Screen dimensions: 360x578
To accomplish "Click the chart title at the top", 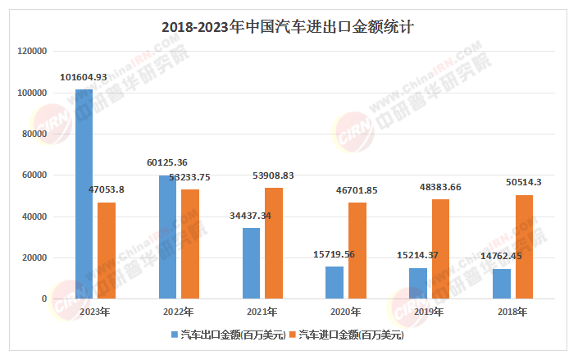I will coord(289,26).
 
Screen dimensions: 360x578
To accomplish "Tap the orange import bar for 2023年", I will coord(107,250).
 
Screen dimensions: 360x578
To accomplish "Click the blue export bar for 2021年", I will coord(251,263).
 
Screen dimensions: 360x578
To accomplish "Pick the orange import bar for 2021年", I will coord(274,244).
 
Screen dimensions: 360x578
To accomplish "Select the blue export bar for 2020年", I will coord(335,282).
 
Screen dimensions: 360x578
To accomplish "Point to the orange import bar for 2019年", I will coord(441,249).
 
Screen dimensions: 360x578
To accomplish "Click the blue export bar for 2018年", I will coord(502,284).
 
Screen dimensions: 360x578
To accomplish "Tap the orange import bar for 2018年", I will coord(525,247).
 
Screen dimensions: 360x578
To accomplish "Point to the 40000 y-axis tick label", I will coord(33,216).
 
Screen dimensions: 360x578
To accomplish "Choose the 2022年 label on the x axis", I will coord(179,312).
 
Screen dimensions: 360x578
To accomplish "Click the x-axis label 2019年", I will coord(430,312).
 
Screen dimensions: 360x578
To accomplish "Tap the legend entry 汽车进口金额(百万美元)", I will coord(350,335).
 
